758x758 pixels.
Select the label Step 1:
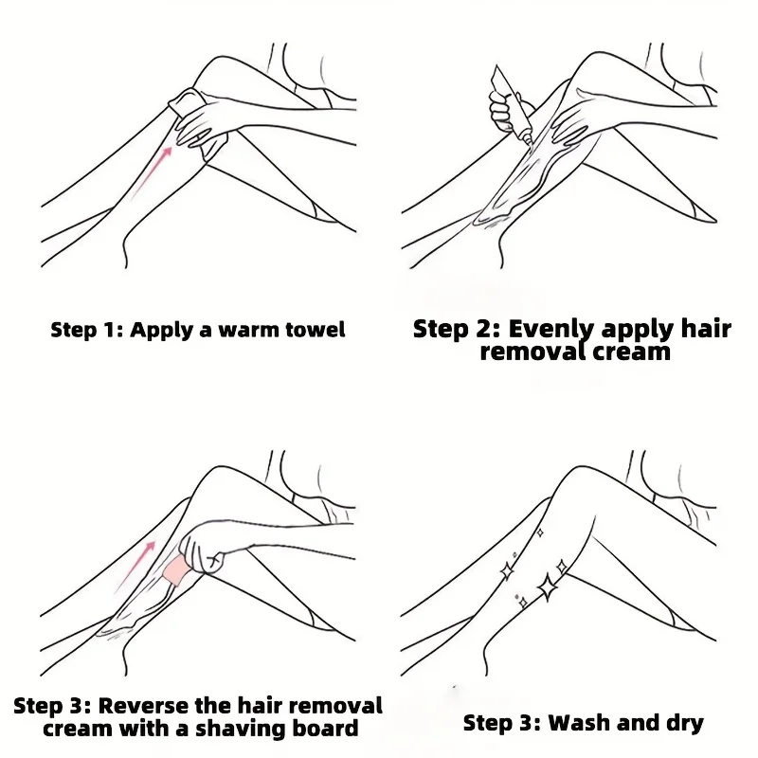pyautogui.click(x=86, y=330)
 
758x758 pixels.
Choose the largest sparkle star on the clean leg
pyautogui.click(x=548, y=587)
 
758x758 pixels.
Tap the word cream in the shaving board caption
pyautogui.click(x=81, y=729)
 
